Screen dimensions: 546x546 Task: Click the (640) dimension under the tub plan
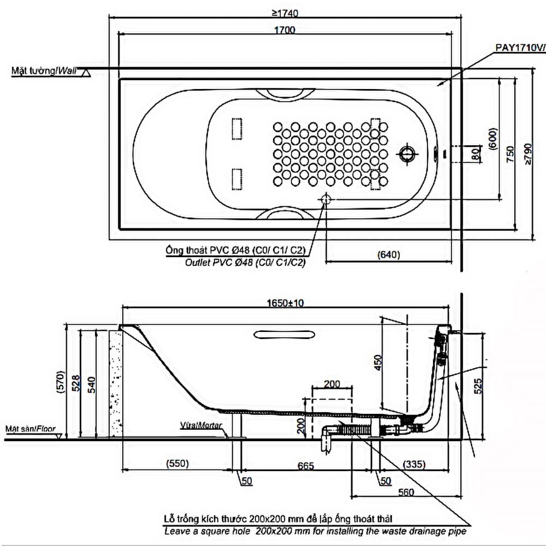388,254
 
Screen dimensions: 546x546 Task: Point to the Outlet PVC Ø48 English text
245,263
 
